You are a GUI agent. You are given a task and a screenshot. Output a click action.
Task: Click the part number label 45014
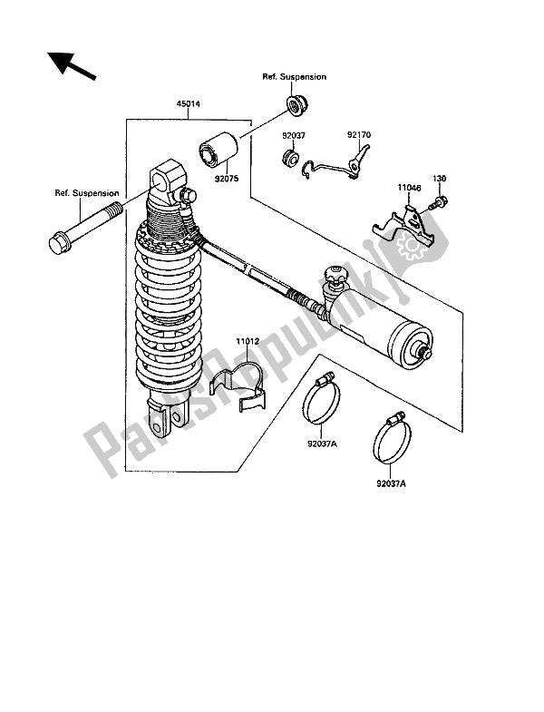(189, 104)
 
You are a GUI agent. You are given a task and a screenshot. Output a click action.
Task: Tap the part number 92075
(227, 179)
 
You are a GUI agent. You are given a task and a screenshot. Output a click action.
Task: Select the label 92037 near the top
(294, 135)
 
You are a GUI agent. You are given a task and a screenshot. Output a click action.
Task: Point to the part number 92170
(359, 135)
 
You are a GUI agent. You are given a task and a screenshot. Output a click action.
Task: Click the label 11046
(410, 187)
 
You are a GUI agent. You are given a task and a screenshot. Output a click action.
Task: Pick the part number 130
(439, 179)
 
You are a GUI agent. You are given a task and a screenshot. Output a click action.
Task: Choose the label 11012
(248, 341)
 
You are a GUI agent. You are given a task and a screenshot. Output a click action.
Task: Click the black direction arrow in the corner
(72, 66)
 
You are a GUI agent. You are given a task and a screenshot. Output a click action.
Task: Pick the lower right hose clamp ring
(392, 438)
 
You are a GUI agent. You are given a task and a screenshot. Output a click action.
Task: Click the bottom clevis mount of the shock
(167, 415)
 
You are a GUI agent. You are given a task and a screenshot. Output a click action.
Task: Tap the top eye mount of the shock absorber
(167, 180)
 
